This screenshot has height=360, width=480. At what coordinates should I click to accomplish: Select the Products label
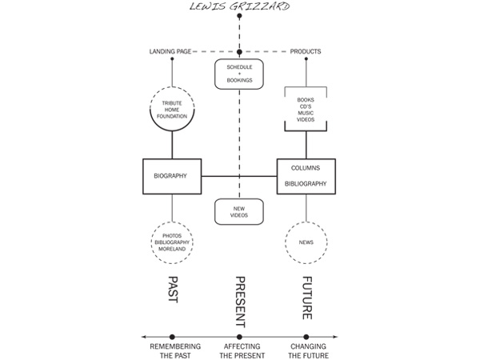(x=305, y=52)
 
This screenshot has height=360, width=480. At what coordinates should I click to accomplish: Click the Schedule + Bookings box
(x=238, y=74)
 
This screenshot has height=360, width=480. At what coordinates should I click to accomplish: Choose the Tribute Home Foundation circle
(x=172, y=109)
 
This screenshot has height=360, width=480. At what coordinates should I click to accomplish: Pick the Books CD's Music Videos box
(x=306, y=109)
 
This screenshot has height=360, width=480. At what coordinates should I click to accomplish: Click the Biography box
(x=172, y=174)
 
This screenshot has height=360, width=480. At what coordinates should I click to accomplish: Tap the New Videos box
(x=238, y=212)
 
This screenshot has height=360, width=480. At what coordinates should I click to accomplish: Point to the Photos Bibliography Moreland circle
(x=172, y=242)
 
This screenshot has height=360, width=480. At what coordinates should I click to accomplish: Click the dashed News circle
(x=306, y=242)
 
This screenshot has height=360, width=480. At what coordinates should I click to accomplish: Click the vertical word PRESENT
(x=239, y=300)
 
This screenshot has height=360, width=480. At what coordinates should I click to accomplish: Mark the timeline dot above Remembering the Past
(x=172, y=337)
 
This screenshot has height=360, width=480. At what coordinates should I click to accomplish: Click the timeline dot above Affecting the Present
(x=239, y=337)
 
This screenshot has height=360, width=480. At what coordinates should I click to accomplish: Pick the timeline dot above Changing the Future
(x=306, y=337)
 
